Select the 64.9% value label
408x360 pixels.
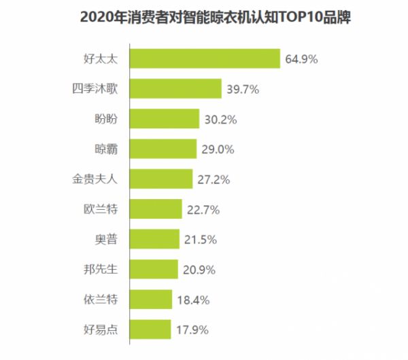click(302, 59)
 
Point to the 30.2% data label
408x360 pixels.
click(219, 120)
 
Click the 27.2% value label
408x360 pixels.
click(213, 180)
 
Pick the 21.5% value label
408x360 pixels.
click(199, 240)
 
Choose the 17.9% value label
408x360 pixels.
click(191, 330)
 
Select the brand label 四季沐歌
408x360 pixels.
click(95, 89)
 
